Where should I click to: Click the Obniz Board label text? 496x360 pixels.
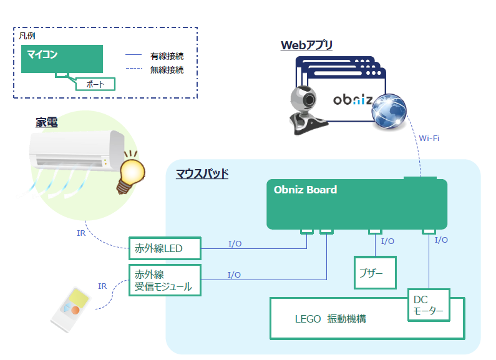(x=305, y=190)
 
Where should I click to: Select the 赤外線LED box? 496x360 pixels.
(x=165, y=248)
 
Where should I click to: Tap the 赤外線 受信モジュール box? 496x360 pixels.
(x=165, y=280)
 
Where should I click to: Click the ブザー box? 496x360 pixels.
(x=375, y=273)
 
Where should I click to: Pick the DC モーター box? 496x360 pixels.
(x=428, y=305)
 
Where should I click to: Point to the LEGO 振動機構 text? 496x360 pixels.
(x=330, y=319)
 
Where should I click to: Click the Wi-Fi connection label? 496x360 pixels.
(x=429, y=138)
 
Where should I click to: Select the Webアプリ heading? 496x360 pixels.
(x=306, y=45)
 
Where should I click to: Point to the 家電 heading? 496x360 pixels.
(x=46, y=122)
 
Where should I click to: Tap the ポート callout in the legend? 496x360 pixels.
(x=95, y=84)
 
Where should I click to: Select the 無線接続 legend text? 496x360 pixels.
(x=167, y=70)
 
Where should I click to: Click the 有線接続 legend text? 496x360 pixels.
(x=167, y=56)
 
